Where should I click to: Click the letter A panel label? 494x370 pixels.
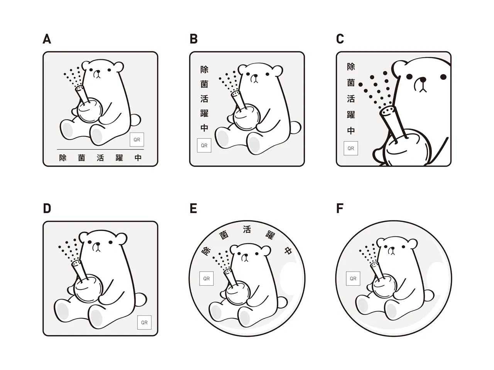click(47, 39)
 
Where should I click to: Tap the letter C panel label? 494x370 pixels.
click(340, 39)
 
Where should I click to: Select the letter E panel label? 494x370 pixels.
click(193, 208)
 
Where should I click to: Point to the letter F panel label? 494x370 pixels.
click(340, 208)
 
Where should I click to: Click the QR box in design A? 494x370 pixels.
click(137, 140)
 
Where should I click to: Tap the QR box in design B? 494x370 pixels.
click(204, 145)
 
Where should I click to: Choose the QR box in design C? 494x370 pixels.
click(351, 148)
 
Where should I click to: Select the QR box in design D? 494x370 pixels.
click(144, 322)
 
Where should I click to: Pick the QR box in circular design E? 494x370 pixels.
click(206, 279)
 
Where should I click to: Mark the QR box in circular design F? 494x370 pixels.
click(353, 279)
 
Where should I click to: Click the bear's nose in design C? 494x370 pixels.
click(423, 79)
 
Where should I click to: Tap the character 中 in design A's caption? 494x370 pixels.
click(138, 158)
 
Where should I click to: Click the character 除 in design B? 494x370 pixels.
click(204, 70)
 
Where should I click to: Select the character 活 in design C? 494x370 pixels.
click(351, 99)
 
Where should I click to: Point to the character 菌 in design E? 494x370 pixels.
click(224, 235)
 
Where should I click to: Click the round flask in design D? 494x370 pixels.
click(88, 288)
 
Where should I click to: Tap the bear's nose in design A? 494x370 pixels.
click(98, 72)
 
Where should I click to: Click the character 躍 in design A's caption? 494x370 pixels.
click(119, 158)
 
